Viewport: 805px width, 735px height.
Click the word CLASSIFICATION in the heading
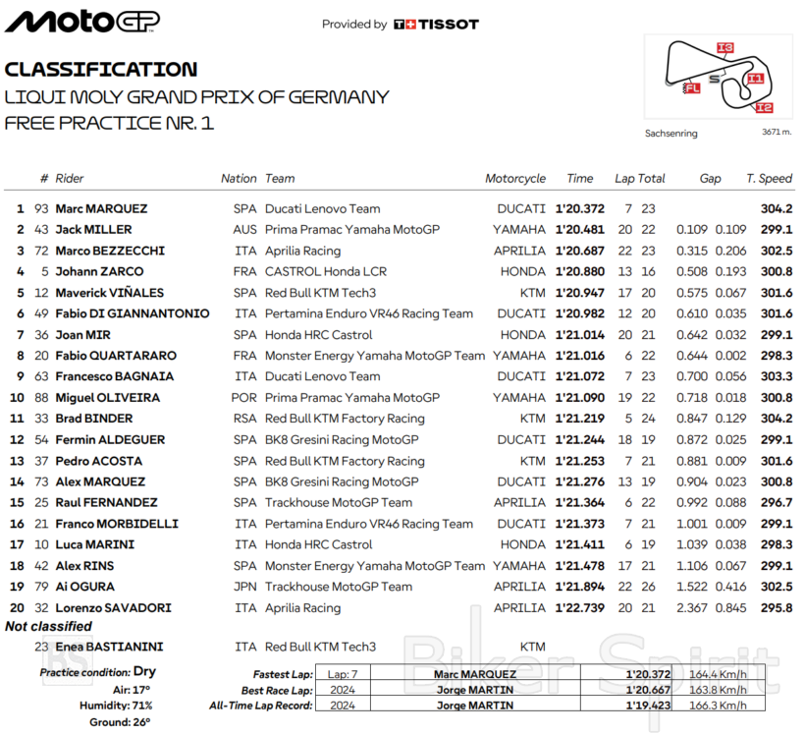coord(101,70)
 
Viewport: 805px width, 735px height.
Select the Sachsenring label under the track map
coord(671,133)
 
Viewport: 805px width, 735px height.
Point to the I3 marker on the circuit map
coord(724,47)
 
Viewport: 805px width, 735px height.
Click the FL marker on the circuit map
coord(692,88)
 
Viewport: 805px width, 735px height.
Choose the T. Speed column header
coord(769,179)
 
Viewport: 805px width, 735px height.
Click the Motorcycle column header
coord(515,179)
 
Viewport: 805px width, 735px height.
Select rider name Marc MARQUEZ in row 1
coord(101,208)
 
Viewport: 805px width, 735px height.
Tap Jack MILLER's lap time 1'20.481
coord(579,230)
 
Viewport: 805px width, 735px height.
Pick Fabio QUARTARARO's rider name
coord(116,356)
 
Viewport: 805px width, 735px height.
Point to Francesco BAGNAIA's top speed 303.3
coord(776,376)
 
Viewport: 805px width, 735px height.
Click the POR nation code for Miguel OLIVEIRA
coord(244,398)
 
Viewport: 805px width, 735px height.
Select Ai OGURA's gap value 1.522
coord(692,587)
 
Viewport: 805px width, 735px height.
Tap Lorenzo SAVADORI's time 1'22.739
coord(579,608)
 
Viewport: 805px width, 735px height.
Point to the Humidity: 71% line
coord(115,705)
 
